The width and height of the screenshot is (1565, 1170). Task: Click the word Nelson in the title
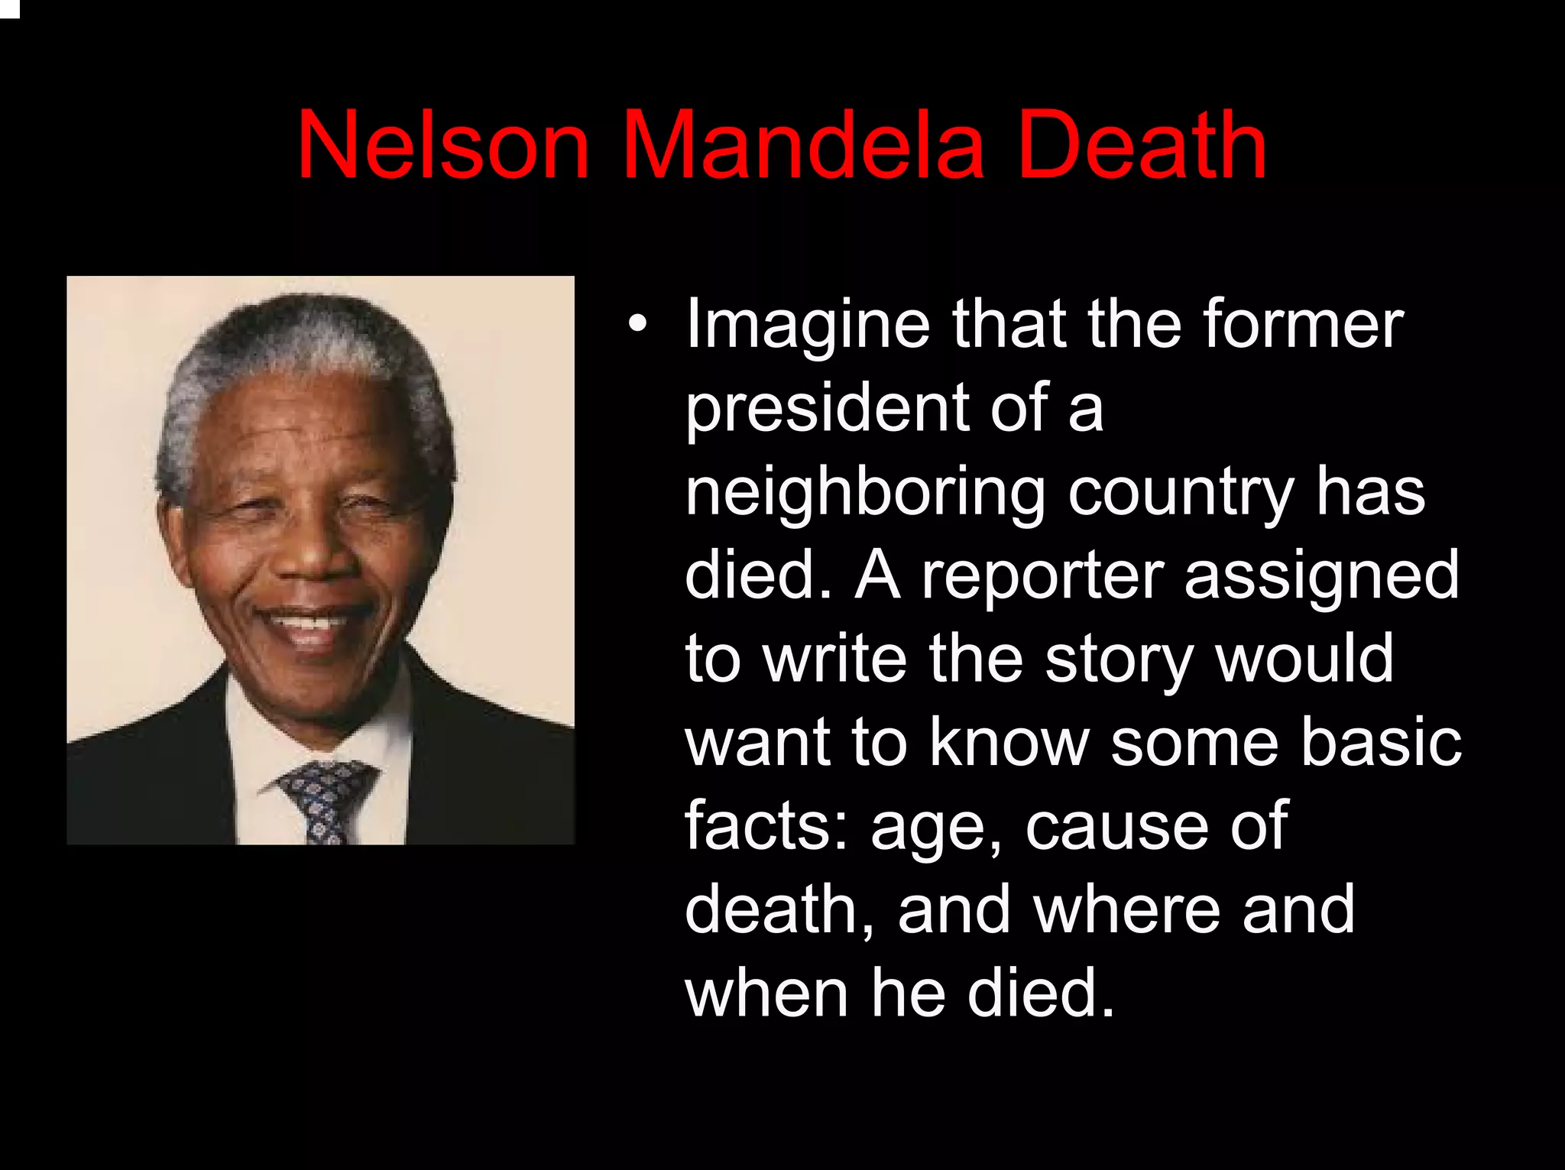[443, 145]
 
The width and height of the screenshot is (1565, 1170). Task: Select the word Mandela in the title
[802, 145]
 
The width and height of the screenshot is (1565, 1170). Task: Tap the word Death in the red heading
[1142, 145]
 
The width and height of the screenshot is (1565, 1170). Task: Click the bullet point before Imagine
[637, 324]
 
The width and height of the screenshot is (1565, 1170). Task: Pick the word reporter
[1042, 576]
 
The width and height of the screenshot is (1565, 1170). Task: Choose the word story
[1120, 662]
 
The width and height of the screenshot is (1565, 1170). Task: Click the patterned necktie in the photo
[325, 799]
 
